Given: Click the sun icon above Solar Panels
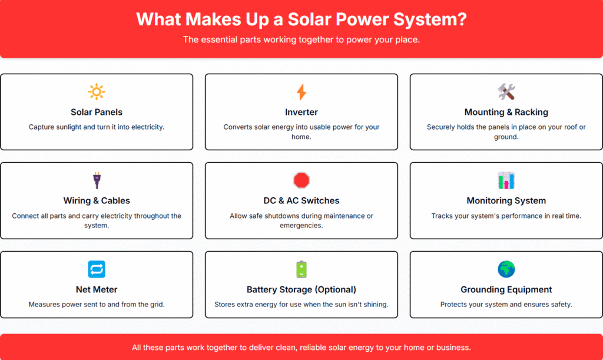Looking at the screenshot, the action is (x=97, y=92).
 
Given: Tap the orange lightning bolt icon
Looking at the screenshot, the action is (x=301, y=92).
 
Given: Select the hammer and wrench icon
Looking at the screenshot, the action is (x=506, y=92).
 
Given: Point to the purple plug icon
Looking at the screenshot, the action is (x=97, y=180).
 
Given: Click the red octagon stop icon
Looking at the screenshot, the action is (x=301, y=180).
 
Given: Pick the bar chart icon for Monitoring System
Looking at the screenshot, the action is (x=506, y=180).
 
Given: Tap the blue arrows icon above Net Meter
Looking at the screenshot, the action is (x=97, y=269).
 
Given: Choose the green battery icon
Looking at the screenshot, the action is (x=301, y=269).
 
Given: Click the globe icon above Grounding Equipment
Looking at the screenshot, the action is (x=506, y=269).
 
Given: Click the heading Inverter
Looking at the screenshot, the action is (x=301, y=113).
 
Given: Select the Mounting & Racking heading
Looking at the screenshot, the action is (x=506, y=113).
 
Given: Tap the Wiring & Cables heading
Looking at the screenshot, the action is (x=97, y=201).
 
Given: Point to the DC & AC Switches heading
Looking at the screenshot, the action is (x=301, y=201).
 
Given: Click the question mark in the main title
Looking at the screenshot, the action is (x=462, y=19).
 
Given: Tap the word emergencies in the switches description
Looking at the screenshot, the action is (x=301, y=226).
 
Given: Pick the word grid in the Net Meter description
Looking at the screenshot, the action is (x=157, y=305).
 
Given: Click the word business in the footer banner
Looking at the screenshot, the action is (x=454, y=348).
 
